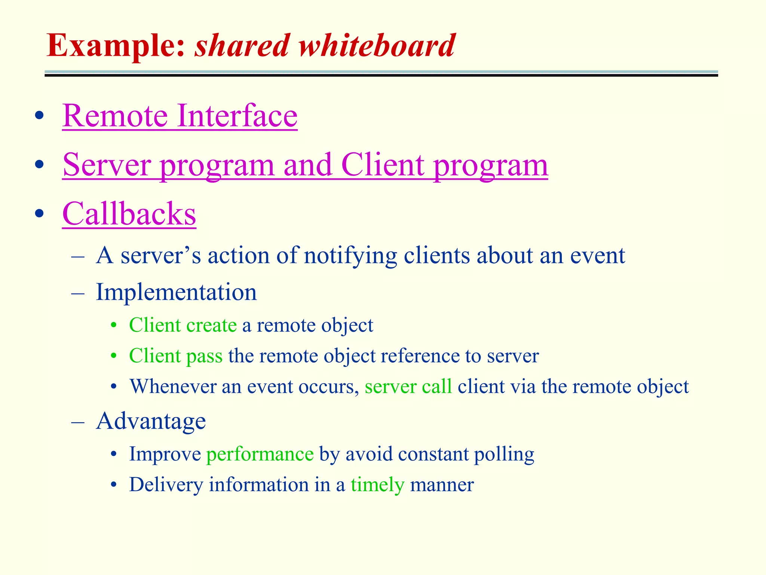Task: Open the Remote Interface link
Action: coord(180,116)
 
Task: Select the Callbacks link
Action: coord(129,214)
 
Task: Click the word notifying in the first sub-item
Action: coord(350,256)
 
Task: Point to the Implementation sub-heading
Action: coord(176,292)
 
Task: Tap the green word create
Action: coord(211,325)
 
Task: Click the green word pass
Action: coord(204,356)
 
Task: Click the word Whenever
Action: coord(173,387)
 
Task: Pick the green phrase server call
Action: coord(408,387)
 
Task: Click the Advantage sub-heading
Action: coord(151,421)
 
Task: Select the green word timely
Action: coord(377,485)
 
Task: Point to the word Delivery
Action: coord(166,485)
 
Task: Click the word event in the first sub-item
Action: coord(597,256)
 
